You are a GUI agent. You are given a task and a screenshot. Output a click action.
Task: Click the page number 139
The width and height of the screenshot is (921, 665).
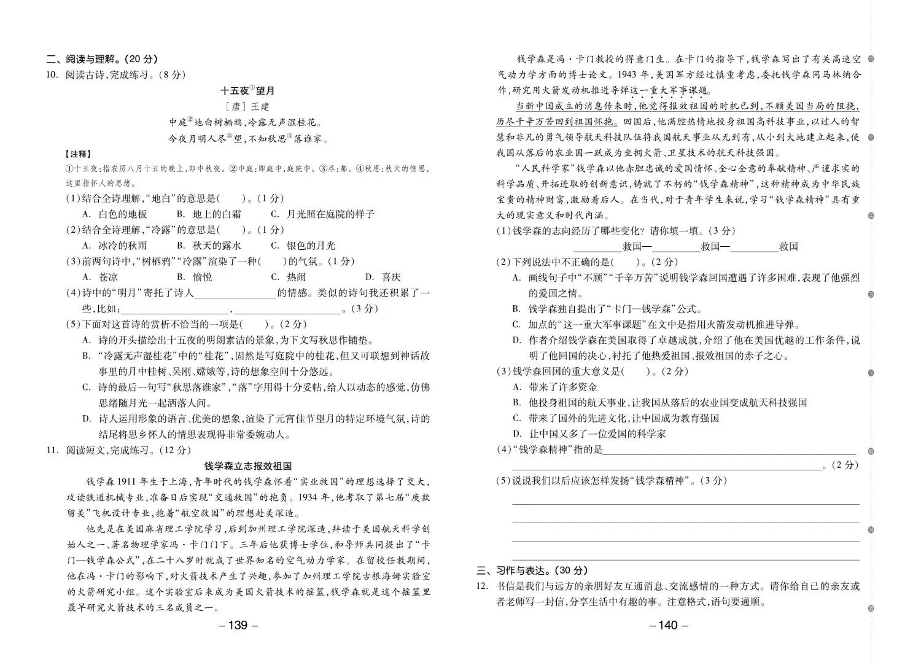coord(238,625)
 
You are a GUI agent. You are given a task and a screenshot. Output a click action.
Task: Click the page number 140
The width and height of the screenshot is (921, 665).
coord(668,625)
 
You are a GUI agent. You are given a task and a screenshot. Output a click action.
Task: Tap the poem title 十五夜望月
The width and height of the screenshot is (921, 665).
coord(247,91)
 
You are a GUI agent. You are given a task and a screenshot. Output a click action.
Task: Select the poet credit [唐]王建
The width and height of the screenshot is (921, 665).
coord(247,107)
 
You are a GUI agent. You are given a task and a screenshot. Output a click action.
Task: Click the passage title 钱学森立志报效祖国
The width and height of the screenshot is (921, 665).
coord(247,466)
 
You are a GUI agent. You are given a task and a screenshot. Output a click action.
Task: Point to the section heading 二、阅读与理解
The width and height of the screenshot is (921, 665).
coord(102,59)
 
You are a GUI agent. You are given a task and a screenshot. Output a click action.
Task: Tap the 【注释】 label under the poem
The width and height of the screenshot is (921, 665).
coord(79,154)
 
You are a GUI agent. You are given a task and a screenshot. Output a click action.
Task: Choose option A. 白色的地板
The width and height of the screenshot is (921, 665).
coord(115,214)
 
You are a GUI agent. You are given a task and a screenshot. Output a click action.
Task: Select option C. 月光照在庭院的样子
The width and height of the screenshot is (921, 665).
coord(322,214)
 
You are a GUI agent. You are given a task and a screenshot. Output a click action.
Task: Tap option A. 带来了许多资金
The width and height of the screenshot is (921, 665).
coord(555,387)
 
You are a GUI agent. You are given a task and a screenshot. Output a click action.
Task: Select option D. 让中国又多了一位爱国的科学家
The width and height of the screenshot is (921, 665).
coord(589,434)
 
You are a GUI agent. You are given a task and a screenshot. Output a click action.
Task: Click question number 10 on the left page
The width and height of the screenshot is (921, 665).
coord(52,75)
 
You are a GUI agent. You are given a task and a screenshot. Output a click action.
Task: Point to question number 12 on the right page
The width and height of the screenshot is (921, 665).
coord(482,586)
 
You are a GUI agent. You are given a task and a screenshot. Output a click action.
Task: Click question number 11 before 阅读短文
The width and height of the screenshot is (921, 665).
coord(52,450)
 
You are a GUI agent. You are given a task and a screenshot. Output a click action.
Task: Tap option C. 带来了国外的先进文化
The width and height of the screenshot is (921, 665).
coord(616,418)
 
